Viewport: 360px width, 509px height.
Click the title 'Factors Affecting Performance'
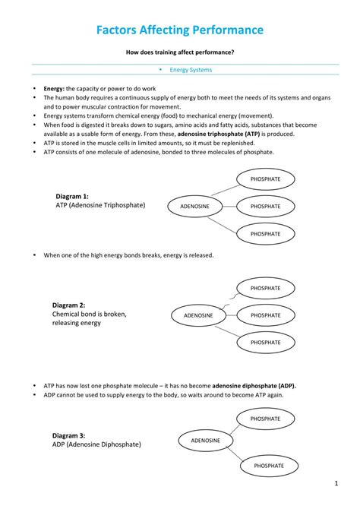pos(180,30)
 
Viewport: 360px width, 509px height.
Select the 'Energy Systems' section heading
pos(191,70)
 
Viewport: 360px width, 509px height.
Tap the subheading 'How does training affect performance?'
pos(180,52)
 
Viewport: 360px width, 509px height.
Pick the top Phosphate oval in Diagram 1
pos(265,179)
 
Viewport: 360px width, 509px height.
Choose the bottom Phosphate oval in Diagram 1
pos(265,234)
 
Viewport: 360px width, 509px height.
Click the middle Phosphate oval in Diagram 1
pos(265,206)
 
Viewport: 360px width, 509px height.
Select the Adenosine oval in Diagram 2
pos(199,315)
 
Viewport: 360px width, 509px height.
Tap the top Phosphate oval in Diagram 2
pos(265,289)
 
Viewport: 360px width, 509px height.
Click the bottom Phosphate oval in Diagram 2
pos(265,343)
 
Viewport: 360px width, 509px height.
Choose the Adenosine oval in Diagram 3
pos(205,441)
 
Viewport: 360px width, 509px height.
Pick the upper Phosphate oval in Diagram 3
pos(265,419)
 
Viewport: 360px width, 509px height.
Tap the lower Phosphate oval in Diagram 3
pos(269,466)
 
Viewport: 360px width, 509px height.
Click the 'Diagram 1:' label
pos(72,196)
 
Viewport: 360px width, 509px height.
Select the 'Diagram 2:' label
pos(68,305)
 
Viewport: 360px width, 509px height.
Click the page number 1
pos(336,483)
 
